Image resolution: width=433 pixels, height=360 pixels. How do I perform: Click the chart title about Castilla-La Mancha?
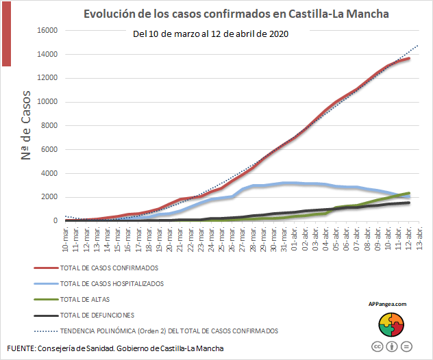(236, 14)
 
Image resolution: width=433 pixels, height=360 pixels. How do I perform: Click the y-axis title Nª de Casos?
(27, 126)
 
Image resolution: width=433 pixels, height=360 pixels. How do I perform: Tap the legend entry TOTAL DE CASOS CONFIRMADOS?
(109, 268)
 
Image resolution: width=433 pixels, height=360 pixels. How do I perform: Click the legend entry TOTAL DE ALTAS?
(86, 299)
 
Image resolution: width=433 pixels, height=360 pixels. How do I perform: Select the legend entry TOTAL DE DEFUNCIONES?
(97, 315)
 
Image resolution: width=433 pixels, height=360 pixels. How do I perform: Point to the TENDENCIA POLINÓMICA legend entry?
(169, 331)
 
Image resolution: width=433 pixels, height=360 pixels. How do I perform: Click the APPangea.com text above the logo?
(387, 304)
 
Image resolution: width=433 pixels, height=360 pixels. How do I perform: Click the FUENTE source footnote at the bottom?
(115, 349)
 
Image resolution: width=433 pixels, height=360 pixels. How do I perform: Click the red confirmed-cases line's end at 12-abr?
(408, 59)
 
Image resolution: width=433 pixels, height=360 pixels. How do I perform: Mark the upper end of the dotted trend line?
(417, 46)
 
